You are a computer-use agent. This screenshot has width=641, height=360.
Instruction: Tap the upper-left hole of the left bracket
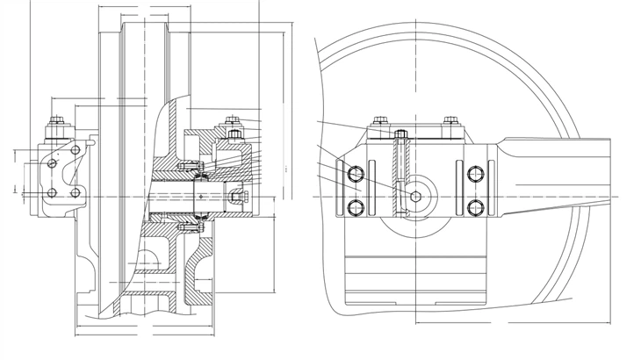(x=53, y=163)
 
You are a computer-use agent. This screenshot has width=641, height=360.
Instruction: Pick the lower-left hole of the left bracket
(x=52, y=193)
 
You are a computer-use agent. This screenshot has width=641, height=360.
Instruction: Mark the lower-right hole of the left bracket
(x=76, y=193)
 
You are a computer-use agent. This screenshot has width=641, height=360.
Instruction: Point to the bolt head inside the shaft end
(x=235, y=195)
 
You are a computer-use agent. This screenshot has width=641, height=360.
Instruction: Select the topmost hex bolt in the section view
(x=232, y=121)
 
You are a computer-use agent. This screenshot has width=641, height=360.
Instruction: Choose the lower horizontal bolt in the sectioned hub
(x=187, y=226)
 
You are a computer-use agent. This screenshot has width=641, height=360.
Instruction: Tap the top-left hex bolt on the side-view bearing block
(x=380, y=121)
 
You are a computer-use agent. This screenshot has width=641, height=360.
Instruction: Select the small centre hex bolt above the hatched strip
(x=400, y=134)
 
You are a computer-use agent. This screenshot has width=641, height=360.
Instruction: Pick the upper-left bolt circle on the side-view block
(x=357, y=172)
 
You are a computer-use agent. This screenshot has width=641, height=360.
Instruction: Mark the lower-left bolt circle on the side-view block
(x=357, y=207)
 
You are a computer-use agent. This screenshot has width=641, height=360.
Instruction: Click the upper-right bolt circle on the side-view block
(x=476, y=172)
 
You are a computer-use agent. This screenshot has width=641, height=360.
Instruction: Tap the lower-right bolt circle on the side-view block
(x=476, y=207)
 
